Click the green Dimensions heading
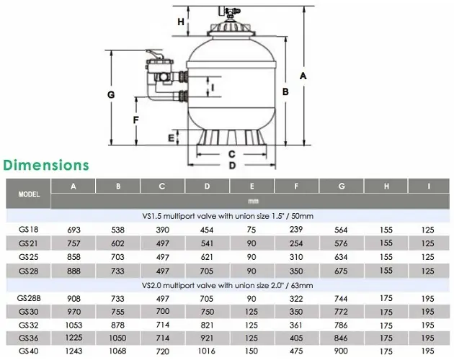(x=46, y=166)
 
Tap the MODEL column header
(x=29, y=194)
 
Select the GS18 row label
(x=28, y=230)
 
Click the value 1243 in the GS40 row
(x=74, y=351)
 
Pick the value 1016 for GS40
(x=206, y=351)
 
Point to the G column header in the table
(x=342, y=186)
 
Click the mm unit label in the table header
(x=253, y=202)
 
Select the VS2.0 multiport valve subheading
(x=228, y=286)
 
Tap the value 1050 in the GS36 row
(x=117, y=338)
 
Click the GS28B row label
(x=29, y=298)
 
